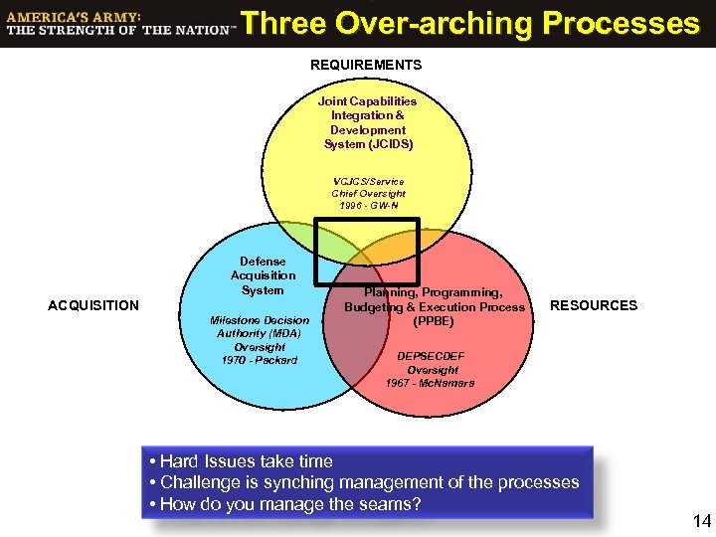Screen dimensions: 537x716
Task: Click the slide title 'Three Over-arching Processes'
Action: [x=470, y=23]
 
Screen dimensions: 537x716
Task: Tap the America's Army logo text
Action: [x=118, y=24]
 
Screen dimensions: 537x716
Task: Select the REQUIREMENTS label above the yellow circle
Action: [x=366, y=65]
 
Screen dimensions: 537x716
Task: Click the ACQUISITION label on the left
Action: [x=93, y=305]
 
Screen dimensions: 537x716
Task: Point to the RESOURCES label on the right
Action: [x=594, y=305]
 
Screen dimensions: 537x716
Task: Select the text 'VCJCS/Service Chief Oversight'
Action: [x=368, y=188]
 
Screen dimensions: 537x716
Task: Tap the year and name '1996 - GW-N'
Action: [x=368, y=206]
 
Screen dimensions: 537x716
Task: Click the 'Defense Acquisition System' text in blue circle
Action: [x=263, y=276]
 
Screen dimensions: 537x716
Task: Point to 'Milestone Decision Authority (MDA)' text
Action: [x=260, y=327]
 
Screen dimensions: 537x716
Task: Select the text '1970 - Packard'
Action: [x=260, y=359]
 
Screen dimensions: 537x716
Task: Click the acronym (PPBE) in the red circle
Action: [x=434, y=321]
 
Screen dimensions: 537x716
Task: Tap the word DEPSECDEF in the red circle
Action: [x=431, y=355]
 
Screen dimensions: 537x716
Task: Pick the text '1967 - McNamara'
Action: [x=431, y=382]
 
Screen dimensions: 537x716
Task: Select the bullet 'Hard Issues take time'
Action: [x=239, y=461]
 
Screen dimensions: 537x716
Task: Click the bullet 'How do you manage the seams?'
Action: [x=283, y=504]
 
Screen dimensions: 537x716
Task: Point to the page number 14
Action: [x=701, y=520]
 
